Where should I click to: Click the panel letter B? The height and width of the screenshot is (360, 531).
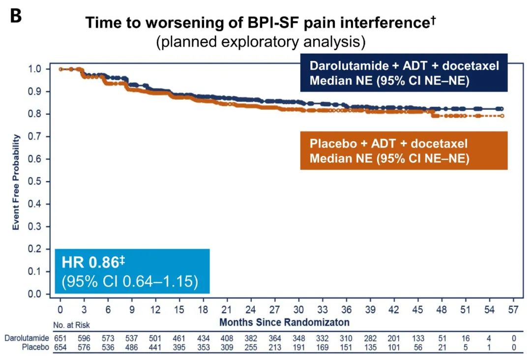pos(16,16)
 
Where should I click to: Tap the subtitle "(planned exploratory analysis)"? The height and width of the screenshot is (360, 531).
pos(261,42)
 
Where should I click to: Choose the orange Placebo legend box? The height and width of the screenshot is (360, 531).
pos(404,151)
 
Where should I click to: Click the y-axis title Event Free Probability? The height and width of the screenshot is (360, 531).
pos(16,181)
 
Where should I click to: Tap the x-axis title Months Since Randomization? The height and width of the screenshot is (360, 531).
pos(284,323)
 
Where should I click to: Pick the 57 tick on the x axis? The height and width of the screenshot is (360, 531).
pos(513,310)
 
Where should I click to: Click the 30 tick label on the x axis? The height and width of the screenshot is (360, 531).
pos(298,310)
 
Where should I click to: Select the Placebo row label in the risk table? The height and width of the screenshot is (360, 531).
pos(34,348)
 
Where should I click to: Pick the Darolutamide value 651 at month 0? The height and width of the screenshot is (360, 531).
pos(60,338)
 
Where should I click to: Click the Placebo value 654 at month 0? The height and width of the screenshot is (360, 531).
pos(60,348)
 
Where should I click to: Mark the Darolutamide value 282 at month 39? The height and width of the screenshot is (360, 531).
pos(370,338)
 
